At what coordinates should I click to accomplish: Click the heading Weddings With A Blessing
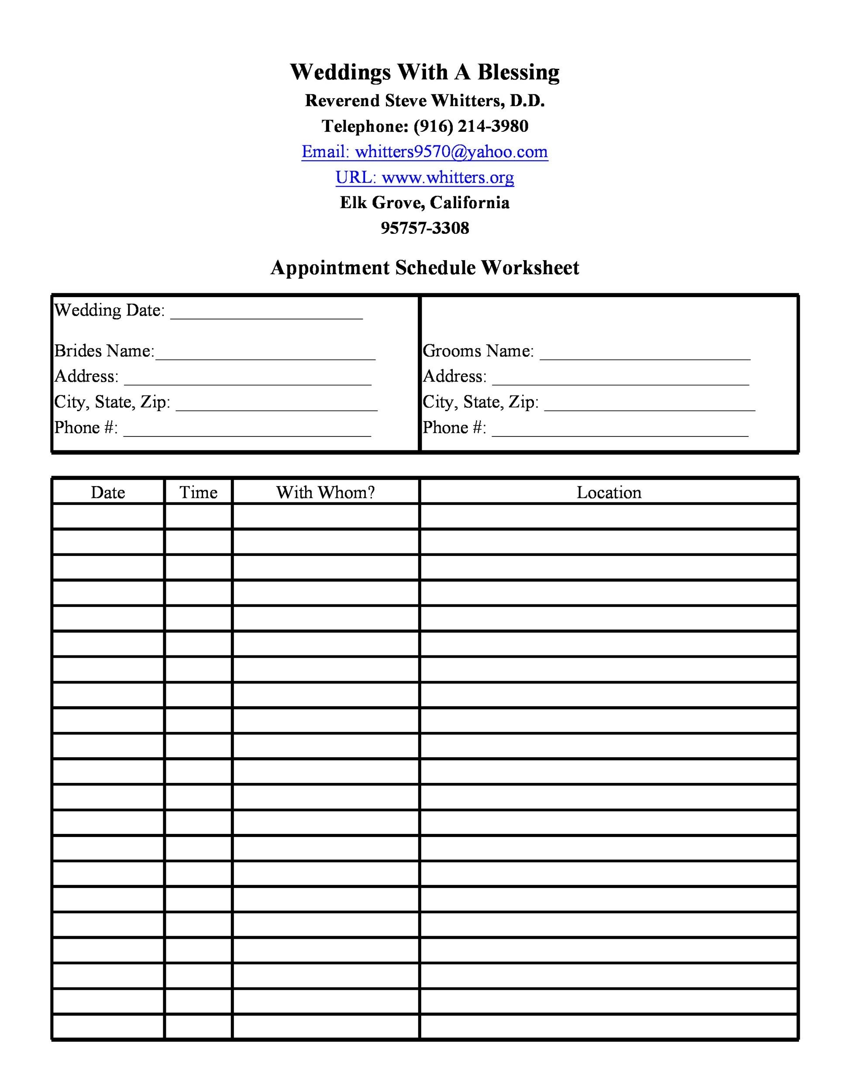click(424, 72)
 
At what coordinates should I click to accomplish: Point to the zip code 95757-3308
click(424, 228)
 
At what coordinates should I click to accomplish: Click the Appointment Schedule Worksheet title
click(424, 268)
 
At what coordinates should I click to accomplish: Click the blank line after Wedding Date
click(266, 315)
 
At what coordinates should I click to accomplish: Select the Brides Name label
click(104, 351)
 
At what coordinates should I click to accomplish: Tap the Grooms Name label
click(478, 351)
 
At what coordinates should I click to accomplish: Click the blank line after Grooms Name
click(645, 355)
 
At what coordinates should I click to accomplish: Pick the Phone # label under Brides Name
click(86, 428)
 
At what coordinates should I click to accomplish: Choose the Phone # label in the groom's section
click(454, 428)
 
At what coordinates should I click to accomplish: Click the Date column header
click(108, 493)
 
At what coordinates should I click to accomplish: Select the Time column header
click(198, 493)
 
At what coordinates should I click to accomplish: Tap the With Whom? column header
click(325, 493)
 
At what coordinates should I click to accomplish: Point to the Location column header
click(609, 493)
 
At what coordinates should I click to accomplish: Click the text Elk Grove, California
click(424, 203)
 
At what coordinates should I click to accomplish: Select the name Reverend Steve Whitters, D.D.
click(424, 101)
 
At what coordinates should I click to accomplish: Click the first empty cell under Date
click(108, 517)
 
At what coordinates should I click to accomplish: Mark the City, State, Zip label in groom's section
click(480, 402)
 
